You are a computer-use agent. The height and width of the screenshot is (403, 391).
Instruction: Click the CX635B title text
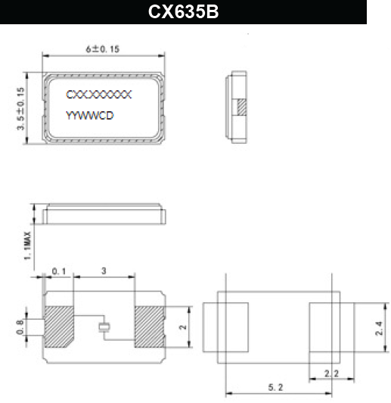coord(184,13)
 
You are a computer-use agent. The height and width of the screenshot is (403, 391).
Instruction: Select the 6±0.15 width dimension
coord(104,48)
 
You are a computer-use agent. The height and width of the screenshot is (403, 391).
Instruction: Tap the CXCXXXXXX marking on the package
coord(99,95)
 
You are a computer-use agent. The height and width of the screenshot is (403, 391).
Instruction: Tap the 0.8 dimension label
coord(20,327)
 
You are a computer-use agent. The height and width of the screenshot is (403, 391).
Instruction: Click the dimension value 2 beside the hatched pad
coord(182,327)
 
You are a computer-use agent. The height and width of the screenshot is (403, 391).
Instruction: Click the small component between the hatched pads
coord(104,327)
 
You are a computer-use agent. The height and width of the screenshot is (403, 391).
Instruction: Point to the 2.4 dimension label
coord(379,329)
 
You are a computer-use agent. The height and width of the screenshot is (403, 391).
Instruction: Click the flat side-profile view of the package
coord(104,214)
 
